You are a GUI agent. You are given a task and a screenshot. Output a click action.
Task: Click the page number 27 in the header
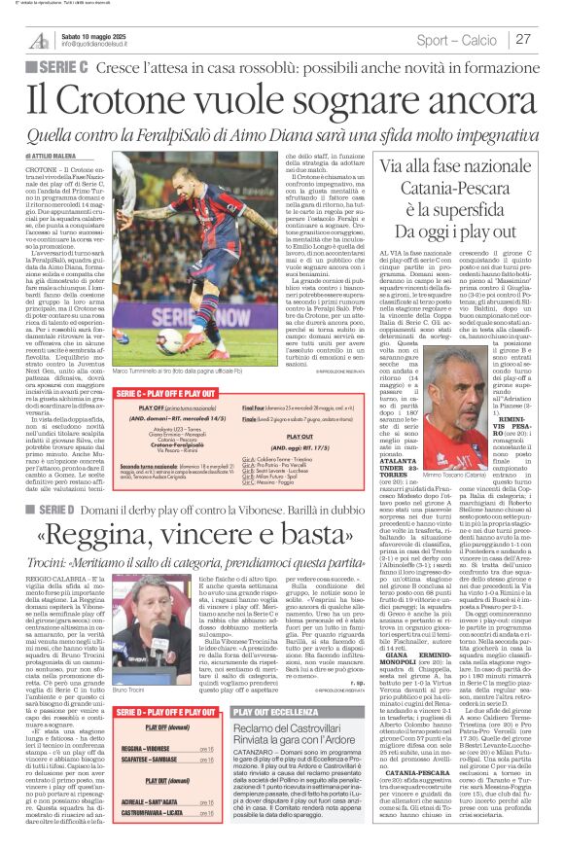[523, 39]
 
